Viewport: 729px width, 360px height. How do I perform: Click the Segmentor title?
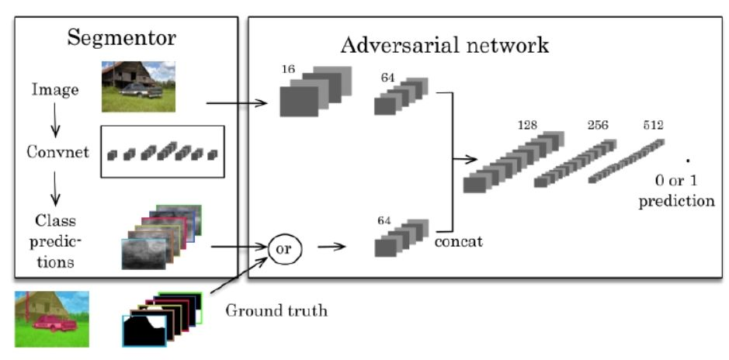pyautogui.click(x=122, y=37)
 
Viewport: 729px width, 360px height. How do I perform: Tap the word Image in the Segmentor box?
pyautogui.click(x=54, y=90)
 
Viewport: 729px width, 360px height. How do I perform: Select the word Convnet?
pyautogui.click(x=54, y=151)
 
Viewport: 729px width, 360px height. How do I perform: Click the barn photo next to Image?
pyautogui.click(x=138, y=86)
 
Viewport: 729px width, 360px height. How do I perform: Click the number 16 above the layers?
pyautogui.click(x=289, y=69)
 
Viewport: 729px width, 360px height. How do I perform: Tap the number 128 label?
pyautogui.click(x=529, y=124)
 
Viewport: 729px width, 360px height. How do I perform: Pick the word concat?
pyautogui.click(x=458, y=241)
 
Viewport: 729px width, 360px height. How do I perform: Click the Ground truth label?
pyautogui.click(x=276, y=311)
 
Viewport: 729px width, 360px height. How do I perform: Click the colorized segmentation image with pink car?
pyautogui.click(x=51, y=318)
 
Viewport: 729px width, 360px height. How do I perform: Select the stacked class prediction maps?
pyautogui.click(x=161, y=236)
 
